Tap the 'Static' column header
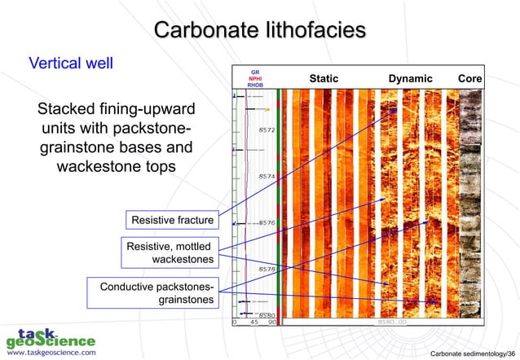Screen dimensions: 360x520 (x=323, y=78)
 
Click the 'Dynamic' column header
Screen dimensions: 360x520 (x=410, y=78)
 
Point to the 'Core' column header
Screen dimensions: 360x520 (x=470, y=78)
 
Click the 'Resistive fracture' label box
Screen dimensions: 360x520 (x=172, y=220)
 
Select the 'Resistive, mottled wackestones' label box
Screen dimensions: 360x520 (x=170, y=252)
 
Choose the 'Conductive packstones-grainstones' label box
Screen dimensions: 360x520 (x=157, y=293)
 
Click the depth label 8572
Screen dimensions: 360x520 (x=267, y=130)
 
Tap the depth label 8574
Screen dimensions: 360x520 (x=267, y=176)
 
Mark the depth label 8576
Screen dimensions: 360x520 (x=267, y=222)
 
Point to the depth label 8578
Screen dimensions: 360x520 (x=267, y=268)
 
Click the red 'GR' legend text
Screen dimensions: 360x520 (x=255, y=71)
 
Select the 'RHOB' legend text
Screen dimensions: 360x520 (x=255, y=85)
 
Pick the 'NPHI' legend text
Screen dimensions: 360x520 (x=255, y=78)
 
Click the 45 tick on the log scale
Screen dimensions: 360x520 (x=253, y=322)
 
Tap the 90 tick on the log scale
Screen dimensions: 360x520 (x=271, y=322)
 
